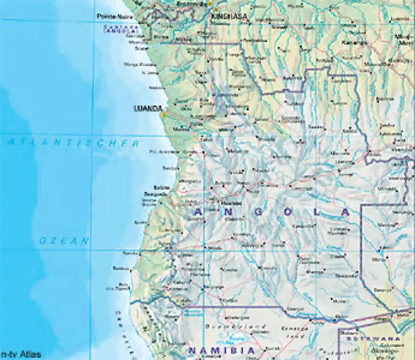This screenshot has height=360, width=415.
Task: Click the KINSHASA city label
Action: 229,16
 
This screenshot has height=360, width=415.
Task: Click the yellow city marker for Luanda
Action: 162,114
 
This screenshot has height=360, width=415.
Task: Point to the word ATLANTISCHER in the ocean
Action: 73,144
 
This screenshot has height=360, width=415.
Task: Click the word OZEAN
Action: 64,241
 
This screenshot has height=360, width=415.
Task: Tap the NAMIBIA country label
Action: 221,351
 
